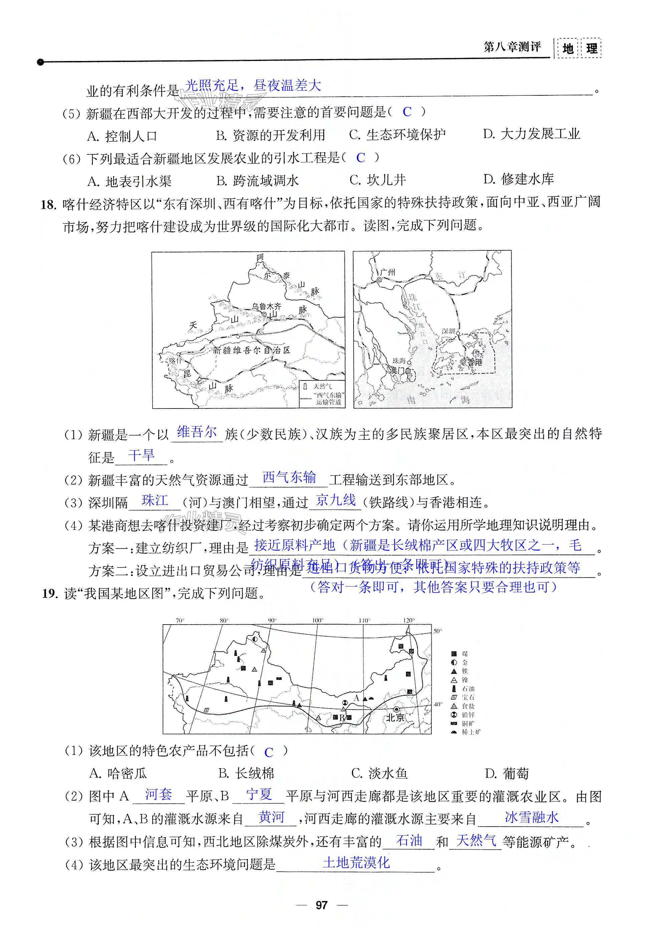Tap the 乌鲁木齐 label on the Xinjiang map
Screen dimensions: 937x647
pos(266,306)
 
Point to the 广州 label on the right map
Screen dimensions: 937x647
pos(388,272)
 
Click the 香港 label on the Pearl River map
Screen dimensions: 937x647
pos(475,362)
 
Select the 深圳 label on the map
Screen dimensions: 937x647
pos(448,331)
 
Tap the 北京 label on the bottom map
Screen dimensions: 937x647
pos(395,718)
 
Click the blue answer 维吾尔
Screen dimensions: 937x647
pos(197,432)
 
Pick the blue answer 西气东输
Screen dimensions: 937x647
pos(289,478)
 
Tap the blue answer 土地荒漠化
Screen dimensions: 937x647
pos(356,863)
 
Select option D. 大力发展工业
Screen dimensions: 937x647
pos(531,134)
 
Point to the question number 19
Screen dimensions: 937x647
pos(49,594)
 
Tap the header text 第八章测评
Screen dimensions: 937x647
pos(512,47)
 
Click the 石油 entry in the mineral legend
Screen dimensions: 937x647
pos(468,688)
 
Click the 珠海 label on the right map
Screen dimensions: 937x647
pos(399,360)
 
